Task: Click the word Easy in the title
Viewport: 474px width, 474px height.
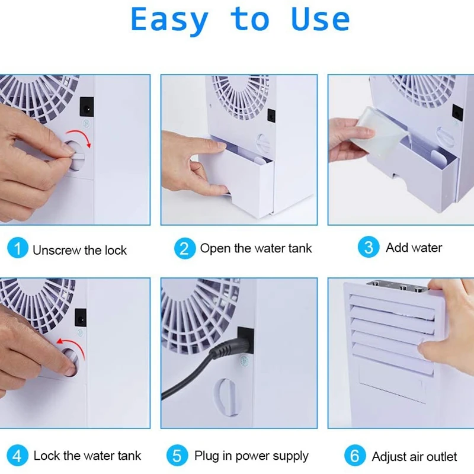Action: click(169, 20)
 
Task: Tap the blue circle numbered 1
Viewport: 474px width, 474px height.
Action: click(17, 248)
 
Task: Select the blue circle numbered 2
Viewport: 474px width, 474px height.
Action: click(184, 248)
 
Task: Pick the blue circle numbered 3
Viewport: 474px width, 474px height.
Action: click(369, 247)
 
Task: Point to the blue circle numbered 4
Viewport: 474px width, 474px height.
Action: click(17, 456)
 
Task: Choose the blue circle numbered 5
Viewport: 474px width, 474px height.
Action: click(177, 456)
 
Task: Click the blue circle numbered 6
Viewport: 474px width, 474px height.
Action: click(354, 456)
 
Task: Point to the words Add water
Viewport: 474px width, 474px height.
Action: click(414, 248)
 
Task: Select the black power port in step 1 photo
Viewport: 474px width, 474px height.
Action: click(87, 107)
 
